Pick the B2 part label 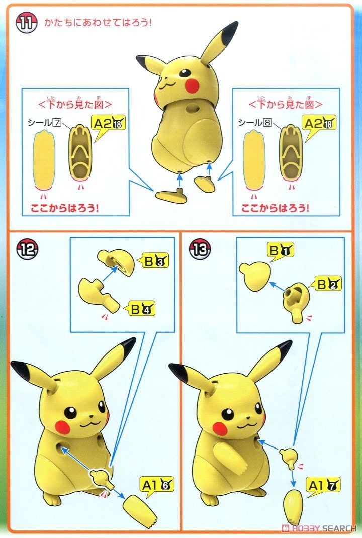click(x=328, y=284)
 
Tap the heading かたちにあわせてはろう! click(x=98, y=23)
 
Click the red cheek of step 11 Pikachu click(x=191, y=86)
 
